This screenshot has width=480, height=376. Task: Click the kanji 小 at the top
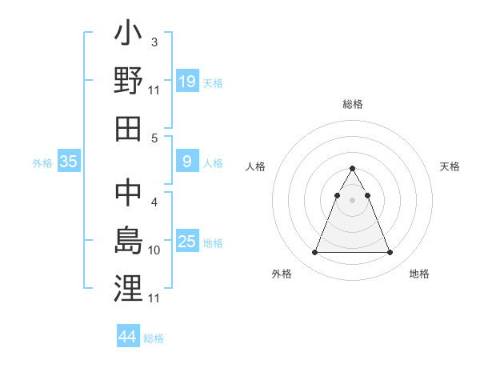pos(128,36)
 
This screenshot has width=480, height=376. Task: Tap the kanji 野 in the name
pos(128,82)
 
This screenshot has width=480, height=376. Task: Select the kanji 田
pos(128,129)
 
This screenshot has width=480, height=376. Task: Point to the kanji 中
pos(128,194)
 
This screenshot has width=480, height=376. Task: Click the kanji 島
pos(128,241)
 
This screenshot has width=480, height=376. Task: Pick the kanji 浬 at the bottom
pos(128,287)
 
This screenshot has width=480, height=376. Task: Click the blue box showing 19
pos(187,81)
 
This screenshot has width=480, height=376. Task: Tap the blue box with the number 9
pos(187,162)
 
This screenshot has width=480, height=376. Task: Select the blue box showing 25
pos(187,242)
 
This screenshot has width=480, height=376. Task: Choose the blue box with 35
pos(69,162)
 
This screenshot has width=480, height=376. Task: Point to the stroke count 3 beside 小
pos(154,42)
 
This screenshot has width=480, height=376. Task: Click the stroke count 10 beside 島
pos(154,250)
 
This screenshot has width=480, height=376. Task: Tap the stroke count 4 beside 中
pos(154,203)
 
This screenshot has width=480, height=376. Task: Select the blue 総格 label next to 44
pos(154,338)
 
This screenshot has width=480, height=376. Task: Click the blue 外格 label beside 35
pos(42,163)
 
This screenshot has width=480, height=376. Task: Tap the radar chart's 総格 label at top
pos(353,104)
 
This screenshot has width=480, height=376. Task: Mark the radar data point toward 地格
pos(390,253)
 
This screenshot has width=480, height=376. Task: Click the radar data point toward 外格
pos(314,253)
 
